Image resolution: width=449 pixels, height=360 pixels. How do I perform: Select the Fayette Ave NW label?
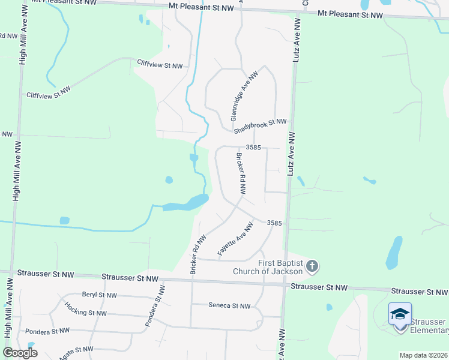click(x=235, y=239)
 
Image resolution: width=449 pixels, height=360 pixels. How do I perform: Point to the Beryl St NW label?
click(x=99, y=295)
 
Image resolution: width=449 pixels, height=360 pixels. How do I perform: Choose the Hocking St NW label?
click(x=86, y=313)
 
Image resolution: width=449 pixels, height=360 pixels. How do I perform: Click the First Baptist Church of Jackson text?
click(x=280, y=267)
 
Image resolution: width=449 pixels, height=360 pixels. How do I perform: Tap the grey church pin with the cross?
click(x=312, y=266)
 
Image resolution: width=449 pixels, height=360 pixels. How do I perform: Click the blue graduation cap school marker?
click(x=400, y=314)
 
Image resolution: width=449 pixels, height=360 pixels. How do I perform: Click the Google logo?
click(x=20, y=353)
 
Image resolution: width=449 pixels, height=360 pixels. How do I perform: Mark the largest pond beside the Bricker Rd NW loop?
click(x=185, y=204)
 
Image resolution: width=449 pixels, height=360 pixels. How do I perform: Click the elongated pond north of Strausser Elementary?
click(x=394, y=252)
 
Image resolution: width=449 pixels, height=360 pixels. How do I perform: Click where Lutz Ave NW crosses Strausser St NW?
click(x=285, y=284)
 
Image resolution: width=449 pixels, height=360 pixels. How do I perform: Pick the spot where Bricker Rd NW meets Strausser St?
click(x=193, y=278)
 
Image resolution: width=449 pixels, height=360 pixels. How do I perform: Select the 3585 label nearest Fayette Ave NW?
click(x=274, y=223)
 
